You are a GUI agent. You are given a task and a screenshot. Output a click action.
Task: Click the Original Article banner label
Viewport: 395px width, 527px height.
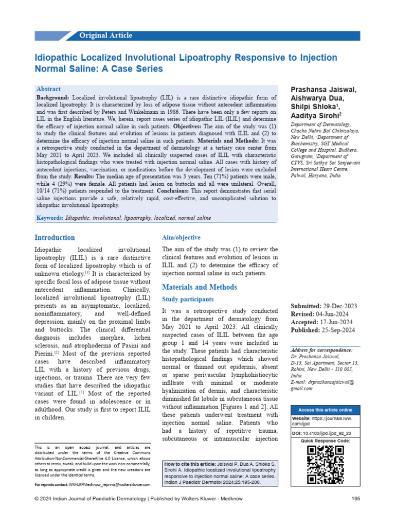[x=105, y=36]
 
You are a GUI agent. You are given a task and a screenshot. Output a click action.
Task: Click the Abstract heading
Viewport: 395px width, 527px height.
[x=48, y=89]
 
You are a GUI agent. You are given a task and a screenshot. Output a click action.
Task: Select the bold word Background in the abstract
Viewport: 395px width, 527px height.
[x=52, y=97]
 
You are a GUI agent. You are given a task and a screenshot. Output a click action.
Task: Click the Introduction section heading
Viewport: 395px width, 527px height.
[x=55, y=238]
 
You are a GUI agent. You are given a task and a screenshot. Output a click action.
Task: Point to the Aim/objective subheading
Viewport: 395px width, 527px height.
[x=181, y=238]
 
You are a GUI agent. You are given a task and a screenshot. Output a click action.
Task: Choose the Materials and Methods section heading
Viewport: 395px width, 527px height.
[x=199, y=287]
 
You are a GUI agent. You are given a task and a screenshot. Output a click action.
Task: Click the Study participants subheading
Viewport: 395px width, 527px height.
[x=188, y=299]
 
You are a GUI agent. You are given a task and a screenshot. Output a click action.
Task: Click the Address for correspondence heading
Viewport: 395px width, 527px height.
[x=321, y=350]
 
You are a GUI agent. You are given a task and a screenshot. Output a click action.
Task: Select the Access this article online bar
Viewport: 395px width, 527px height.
[x=326, y=410]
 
